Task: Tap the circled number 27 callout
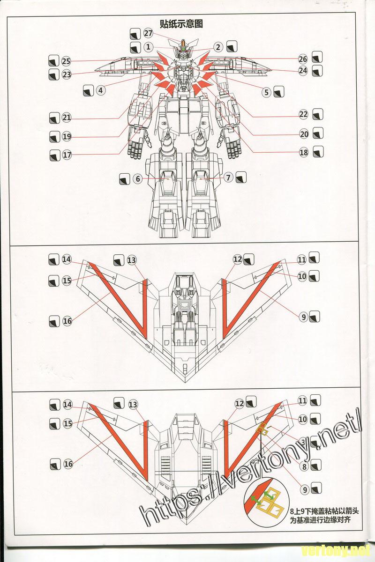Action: point(149,33)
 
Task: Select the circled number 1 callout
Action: point(148,47)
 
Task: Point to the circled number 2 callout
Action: point(218,47)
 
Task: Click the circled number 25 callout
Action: point(66,61)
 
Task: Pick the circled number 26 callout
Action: point(303,59)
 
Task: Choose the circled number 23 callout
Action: point(66,74)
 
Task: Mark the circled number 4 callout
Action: point(100,90)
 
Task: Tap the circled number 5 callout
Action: point(267,92)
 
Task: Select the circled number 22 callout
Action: point(303,114)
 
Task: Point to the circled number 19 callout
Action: point(67,136)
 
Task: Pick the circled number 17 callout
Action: point(67,154)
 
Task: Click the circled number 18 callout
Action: point(303,152)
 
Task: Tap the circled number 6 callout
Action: point(137,178)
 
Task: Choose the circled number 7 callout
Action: point(228,177)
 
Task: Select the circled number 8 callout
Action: point(304,466)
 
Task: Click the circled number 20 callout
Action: point(304,133)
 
